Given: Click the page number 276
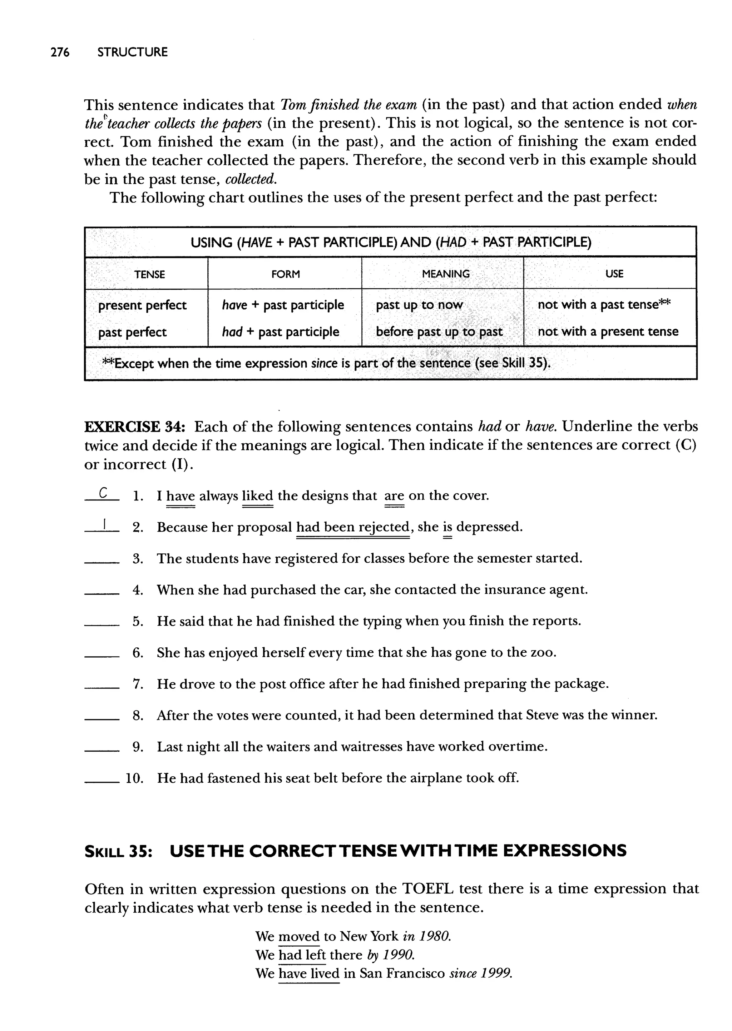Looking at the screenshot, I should (60, 52).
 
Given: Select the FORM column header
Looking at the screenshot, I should (285, 274).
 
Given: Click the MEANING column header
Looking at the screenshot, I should (445, 274).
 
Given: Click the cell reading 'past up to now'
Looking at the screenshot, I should (419, 305).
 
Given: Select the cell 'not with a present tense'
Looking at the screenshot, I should (608, 332).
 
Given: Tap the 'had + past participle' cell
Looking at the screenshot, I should (280, 332).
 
